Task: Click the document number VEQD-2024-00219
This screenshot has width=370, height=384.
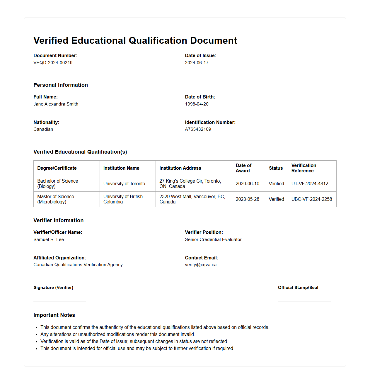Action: coord(53,63)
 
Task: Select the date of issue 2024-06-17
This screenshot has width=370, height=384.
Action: coord(197,63)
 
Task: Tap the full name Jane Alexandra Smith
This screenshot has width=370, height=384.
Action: coord(56,104)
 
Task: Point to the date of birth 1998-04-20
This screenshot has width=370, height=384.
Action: coord(197,104)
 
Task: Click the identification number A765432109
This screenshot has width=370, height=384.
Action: coord(198,129)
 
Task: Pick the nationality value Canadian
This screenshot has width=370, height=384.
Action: coord(43,129)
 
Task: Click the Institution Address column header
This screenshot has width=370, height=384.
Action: coord(180,168)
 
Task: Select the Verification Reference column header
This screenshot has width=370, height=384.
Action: coord(303,168)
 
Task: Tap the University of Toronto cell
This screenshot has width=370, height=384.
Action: coord(124,184)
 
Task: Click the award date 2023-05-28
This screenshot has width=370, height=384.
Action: coord(247,199)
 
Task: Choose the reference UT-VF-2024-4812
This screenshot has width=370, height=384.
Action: coord(310,184)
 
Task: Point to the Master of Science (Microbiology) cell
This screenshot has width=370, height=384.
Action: coord(56,199)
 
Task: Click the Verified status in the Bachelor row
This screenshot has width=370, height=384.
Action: coord(276,184)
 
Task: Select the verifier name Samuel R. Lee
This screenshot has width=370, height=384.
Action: coord(49,239)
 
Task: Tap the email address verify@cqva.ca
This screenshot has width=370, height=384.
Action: coord(201,265)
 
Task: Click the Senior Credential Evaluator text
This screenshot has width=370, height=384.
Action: coord(213,239)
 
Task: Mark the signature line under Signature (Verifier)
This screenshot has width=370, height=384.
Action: coord(60,301)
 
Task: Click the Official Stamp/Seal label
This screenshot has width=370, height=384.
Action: coord(298,288)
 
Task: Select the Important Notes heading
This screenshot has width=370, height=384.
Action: coord(54,315)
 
